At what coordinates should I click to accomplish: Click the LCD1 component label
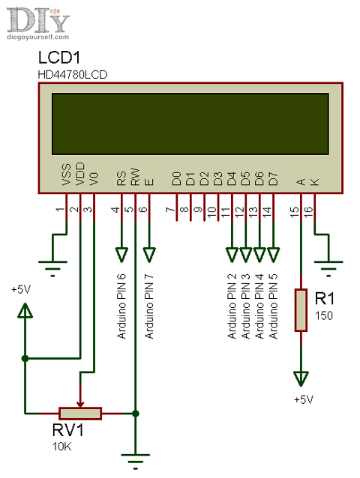[x=58, y=58]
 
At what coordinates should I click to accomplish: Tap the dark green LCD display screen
[x=190, y=123]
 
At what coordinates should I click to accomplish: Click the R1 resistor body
[x=301, y=309]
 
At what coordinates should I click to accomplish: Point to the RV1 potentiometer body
[x=80, y=413]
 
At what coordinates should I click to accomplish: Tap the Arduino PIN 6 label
[x=121, y=306]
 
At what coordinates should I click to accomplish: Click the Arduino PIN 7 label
[x=149, y=306]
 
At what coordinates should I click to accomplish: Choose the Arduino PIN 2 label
[x=232, y=306]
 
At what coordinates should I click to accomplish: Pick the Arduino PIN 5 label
[x=274, y=306]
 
